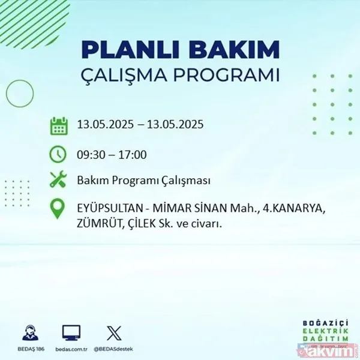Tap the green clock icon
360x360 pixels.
(x=59, y=154)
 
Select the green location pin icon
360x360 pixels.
(x=59, y=209)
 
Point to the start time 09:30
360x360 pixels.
(x=90, y=155)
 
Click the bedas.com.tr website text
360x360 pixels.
(x=71, y=347)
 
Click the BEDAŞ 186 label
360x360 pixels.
(x=29, y=347)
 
